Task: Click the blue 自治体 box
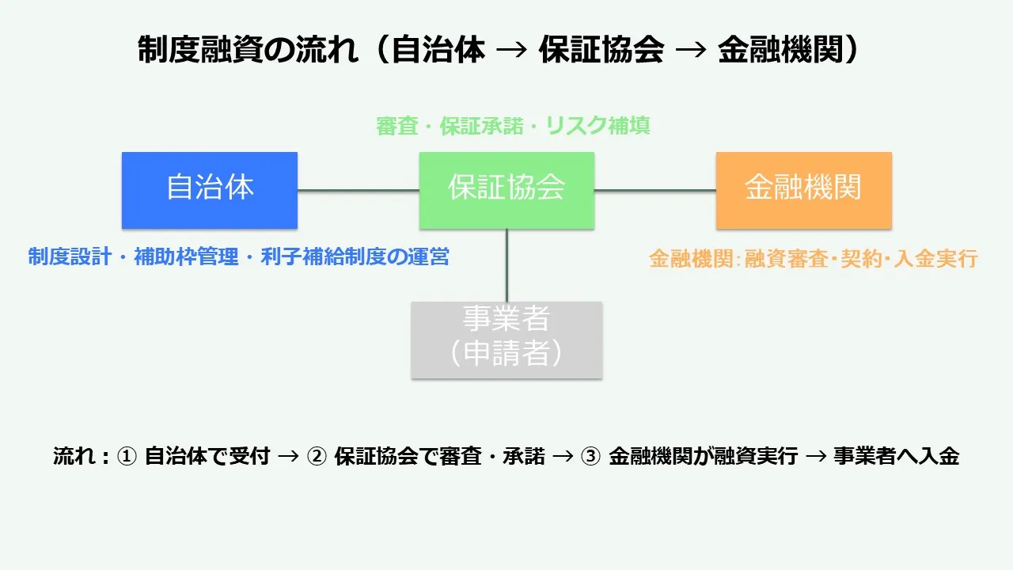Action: (210, 190)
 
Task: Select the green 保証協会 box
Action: (506, 190)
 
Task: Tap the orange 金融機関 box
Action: (803, 190)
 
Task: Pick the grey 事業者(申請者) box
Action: (506, 339)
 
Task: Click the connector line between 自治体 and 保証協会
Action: (358, 190)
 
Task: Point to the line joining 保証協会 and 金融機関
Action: (655, 190)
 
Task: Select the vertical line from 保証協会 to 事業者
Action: (506, 265)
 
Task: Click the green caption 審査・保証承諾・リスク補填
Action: (513, 126)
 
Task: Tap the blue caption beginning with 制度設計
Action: (238, 257)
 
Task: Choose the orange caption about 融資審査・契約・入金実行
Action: (814, 259)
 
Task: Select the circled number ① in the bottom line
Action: (127, 457)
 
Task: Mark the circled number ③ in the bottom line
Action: (590, 457)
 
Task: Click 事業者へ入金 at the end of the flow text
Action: (896, 457)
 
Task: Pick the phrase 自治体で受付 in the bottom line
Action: (207, 457)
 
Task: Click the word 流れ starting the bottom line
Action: (73, 457)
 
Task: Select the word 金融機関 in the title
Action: (780, 51)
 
